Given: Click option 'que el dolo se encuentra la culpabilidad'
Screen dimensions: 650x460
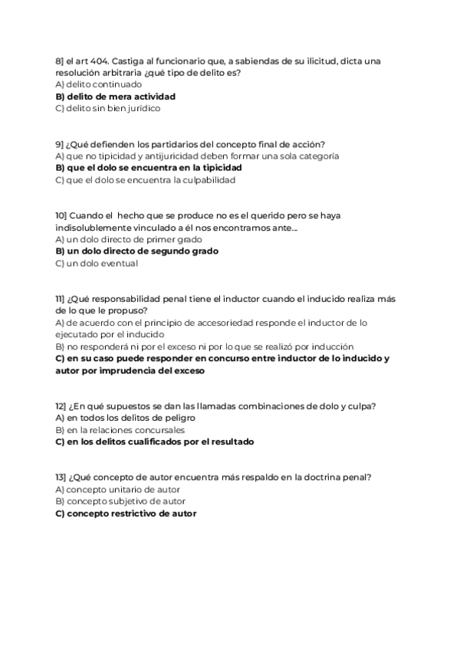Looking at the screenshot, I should (146, 180).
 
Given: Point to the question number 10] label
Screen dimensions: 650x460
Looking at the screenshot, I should (62, 215).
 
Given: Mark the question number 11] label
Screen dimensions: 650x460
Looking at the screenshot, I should (61, 299).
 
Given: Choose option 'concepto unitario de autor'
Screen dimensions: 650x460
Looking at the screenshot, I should (118, 489).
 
